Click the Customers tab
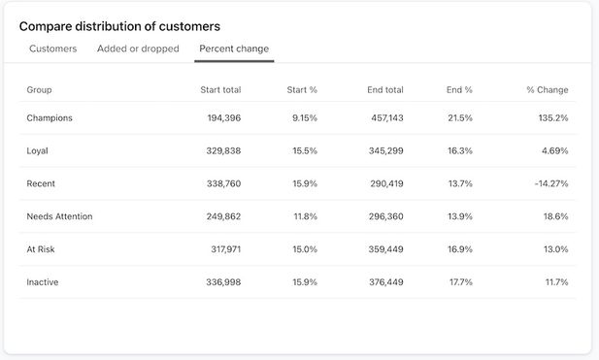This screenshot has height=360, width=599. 53,49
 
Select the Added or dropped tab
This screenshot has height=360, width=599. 138,49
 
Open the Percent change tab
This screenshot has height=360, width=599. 234,49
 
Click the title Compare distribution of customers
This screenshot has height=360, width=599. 119,26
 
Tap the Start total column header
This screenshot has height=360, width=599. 220,90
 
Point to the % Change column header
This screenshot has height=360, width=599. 548,90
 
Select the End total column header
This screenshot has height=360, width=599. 385,90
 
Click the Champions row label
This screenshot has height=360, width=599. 50,118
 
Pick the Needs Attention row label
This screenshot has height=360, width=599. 59,216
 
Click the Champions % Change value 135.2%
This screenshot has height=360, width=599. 549,118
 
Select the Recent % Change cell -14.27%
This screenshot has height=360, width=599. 551,183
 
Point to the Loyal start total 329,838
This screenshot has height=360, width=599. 220,151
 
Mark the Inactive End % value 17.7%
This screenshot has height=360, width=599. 459,282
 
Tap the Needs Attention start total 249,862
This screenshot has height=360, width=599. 220,216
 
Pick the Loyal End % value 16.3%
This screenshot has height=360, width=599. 459,151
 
